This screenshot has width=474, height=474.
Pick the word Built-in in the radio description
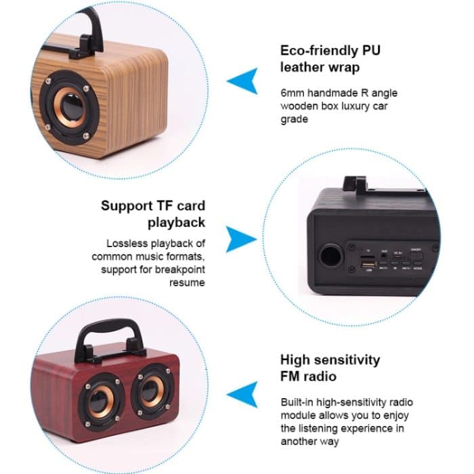tap(299, 402)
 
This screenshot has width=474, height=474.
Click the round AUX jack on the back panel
tap(384, 257)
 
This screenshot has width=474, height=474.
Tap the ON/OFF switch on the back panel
tap(417, 258)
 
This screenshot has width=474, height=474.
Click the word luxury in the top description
tap(361, 106)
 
